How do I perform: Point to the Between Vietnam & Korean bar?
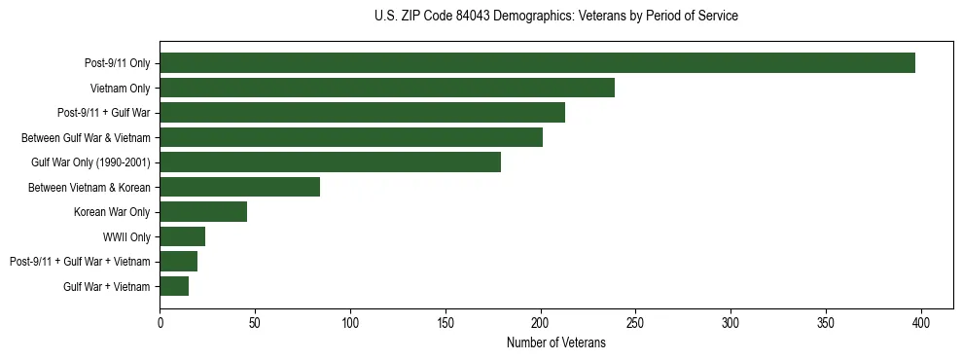pos(239,187)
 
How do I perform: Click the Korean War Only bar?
pos(203,211)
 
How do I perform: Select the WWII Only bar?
pos(182,236)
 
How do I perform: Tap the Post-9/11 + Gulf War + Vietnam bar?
pos(178,261)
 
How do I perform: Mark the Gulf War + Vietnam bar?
pos(174,286)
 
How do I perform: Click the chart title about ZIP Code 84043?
pos(555,17)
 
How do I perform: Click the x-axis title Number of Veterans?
pos(555,343)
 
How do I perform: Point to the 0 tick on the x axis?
pos(160,322)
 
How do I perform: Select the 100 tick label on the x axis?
pos(350,322)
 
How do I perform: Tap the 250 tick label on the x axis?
pos(635,322)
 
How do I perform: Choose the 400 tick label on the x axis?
pos(921,322)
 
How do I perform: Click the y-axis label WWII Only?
pos(126,236)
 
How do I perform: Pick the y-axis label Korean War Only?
pos(112,212)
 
